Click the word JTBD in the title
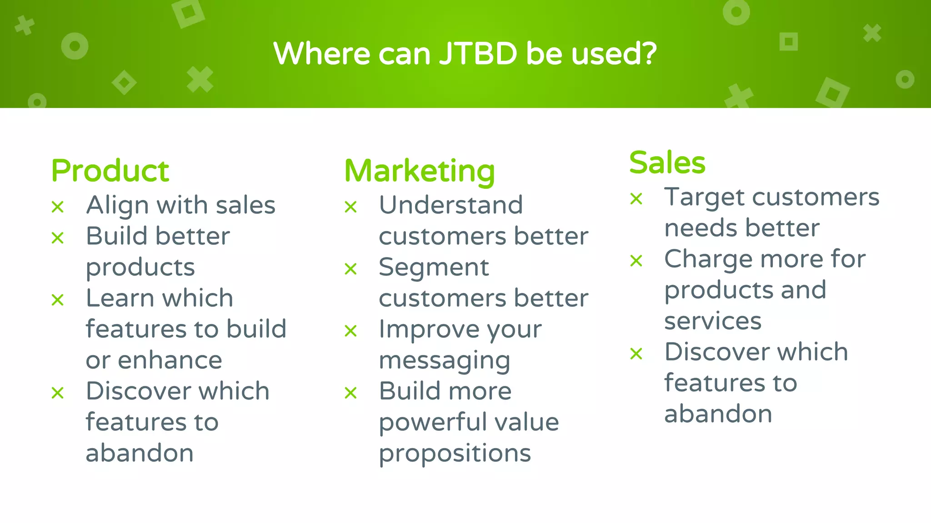(x=478, y=54)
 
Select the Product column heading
(x=110, y=171)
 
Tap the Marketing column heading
(x=419, y=171)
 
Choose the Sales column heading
(x=667, y=163)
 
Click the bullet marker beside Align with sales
(x=58, y=207)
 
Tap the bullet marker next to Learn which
(x=58, y=300)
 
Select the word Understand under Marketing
(x=450, y=205)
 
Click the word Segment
(x=434, y=267)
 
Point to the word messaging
(x=444, y=361)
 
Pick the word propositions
(x=455, y=454)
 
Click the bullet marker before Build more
(x=350, y=393)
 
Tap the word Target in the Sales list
(x=704, y=197)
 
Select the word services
(x=712, y=321)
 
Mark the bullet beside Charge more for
(x=636, y=261)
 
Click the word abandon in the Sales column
(x=718, y=414)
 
